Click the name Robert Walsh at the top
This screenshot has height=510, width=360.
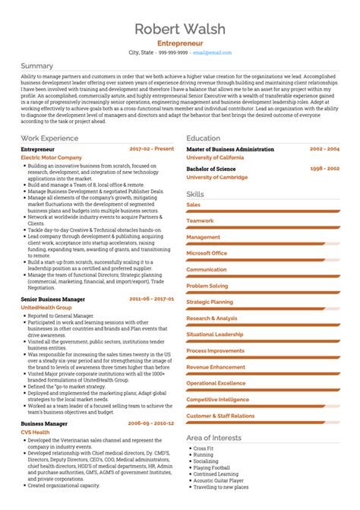click(x=179, y=30)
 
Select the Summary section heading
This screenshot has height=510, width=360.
click(x=37, y=67)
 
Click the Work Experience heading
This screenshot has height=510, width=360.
click(x=50, y=138)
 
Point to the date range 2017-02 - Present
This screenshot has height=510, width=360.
click(x=152, y=150)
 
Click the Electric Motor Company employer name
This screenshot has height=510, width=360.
click(x=51, y=157)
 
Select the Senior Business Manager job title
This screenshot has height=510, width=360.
click(x=53, y=299)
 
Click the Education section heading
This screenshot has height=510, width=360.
click(x=204, y=138)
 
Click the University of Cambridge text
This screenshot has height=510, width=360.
click(x=217, y=176)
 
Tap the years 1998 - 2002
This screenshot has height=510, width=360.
click(x=325, y=169)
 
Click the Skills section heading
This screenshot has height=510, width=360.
click(x=195, y=195)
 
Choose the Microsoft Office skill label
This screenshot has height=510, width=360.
click(x=207, y=253)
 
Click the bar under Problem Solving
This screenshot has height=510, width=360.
click(x=263, y=293)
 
